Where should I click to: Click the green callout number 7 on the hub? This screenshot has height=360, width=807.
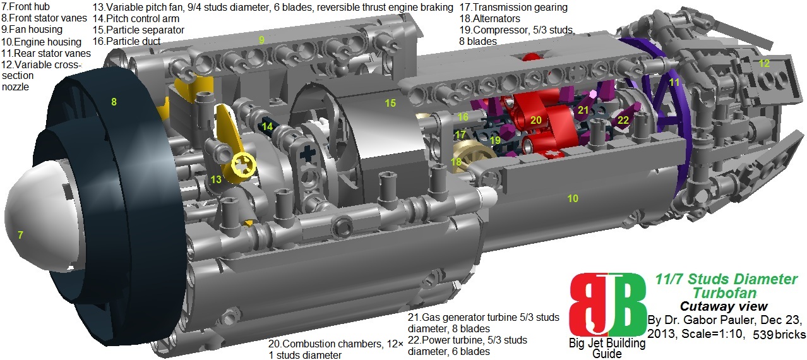coord(21,235)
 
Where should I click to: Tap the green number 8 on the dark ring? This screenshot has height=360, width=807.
coord(114,102)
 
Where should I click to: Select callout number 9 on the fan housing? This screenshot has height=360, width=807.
coord(261,40)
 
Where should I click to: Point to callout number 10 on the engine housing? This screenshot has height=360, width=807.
coord(573,198)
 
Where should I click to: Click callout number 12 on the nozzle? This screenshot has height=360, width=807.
coord(764,63)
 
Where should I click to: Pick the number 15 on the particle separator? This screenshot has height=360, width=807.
coord(390,103)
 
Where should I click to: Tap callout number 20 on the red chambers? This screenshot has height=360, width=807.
coord(535,120)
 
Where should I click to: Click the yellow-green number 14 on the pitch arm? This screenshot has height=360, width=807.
coord(267,126)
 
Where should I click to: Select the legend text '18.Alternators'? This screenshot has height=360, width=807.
coord(489,18)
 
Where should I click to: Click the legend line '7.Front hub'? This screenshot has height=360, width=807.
coord(26,6)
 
